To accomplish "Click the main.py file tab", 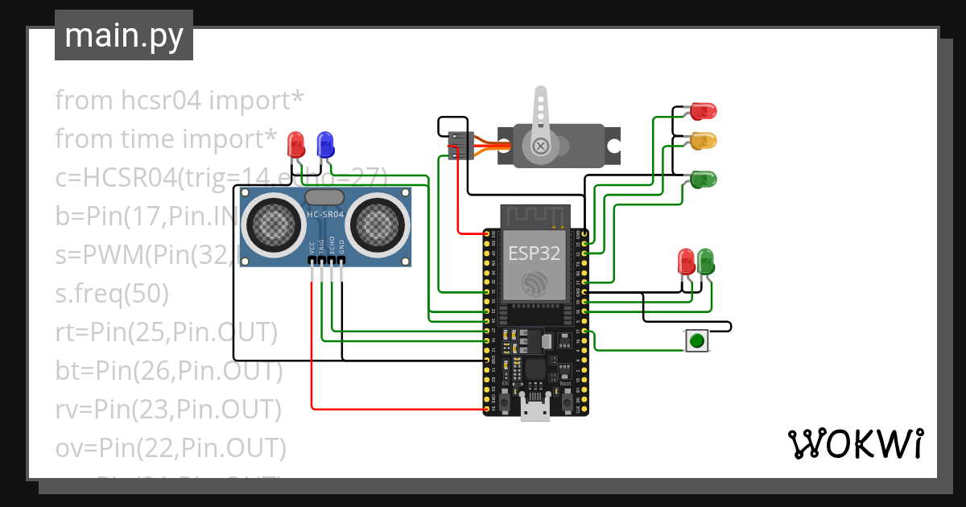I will tap(124, 35).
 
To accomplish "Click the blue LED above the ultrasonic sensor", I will tap(325, 145).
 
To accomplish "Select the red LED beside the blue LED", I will tap(296, 146).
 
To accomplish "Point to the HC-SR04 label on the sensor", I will tap(324, 215).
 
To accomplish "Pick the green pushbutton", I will tap(697, 341).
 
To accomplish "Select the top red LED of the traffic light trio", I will tap(703, 111).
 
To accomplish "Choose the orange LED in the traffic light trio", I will tap(703, 141).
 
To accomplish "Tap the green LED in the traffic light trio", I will tap(703, 179).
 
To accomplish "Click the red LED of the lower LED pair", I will tap(686, 261).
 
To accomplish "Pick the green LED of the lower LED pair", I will tap(705, 261).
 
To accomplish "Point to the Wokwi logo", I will tap(855, 443).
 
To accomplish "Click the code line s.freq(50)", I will tap(112, 294).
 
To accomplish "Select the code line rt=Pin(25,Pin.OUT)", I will tap(166, 332).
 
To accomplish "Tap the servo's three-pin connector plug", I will tap(460, 145).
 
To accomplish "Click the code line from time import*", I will tap(166, 139).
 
